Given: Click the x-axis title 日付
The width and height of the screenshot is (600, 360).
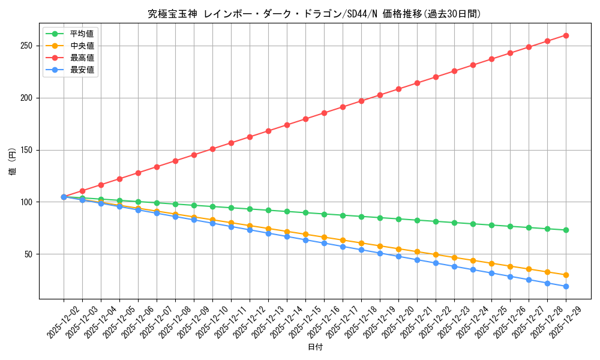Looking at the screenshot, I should click(x=315, y=347).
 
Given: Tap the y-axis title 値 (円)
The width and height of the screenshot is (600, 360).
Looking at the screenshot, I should click(x=13, y=163).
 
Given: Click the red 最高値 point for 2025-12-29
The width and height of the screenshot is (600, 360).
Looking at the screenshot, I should click(x=566, y=35).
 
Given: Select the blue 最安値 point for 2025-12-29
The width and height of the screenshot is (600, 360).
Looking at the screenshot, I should click(x=566, y=286).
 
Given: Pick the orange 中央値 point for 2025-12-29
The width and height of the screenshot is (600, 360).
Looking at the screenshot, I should click(x=566, y=275).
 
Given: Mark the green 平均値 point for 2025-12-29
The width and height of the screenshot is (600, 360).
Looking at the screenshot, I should click(x=566, y=230).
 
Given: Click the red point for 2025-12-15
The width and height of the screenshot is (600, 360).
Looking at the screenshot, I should click(x=305, y=119).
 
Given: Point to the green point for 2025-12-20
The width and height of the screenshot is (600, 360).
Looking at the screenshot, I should click(x=398, y=219).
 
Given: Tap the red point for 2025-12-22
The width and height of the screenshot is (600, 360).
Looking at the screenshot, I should click(x=436, y=77).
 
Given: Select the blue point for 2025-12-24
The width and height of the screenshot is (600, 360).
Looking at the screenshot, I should click(x=473, y=269).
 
